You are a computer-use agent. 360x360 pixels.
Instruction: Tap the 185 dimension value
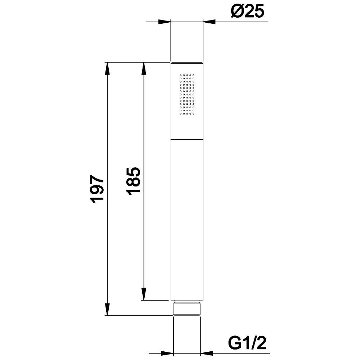[x=134, y=181]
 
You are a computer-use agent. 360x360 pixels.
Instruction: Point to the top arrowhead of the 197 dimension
[x=107, y=68]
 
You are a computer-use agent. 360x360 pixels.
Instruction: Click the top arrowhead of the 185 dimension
[x=144, y=68]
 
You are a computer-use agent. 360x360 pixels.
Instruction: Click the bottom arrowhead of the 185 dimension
[x=144, y=294]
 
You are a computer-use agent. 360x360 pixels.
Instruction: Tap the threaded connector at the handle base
[x=186, y=308]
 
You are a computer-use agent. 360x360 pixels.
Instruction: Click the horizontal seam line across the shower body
[x=187, y=139]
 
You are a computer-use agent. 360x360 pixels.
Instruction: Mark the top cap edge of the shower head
[x=187, y=64]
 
